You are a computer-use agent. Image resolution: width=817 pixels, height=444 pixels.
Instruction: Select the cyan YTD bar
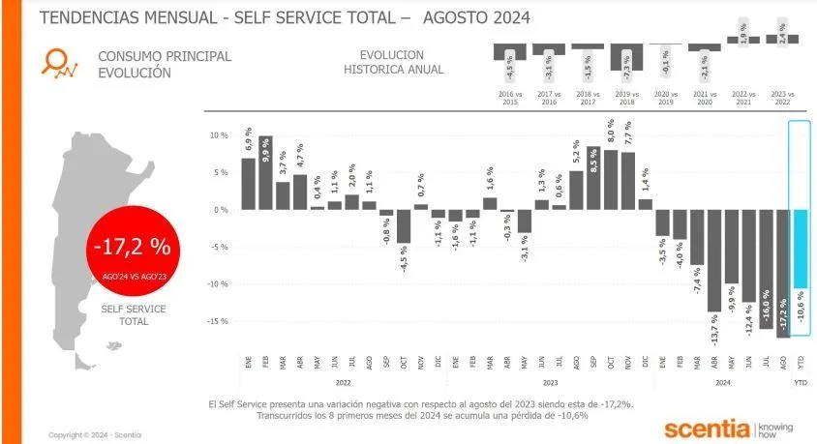pyautogui.click(x=800, y=249)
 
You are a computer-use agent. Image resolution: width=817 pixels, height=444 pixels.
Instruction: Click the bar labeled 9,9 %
pyautogui.click(x=265, y=172)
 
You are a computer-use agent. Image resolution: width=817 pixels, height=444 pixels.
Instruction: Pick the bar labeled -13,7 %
pyautogui.click(x=714, y=260)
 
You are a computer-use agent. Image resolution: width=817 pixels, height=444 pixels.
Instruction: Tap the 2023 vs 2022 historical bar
pyautogui.click(x=782, y=40)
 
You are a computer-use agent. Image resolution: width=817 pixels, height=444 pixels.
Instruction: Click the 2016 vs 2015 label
pyautogui.click(x=509, y=98)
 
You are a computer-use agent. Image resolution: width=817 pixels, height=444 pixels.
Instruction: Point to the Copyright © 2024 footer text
pyautogui.click(x=94, y=434)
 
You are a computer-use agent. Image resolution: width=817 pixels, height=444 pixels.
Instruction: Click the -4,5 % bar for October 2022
pyautogui.click(x=404, y=226)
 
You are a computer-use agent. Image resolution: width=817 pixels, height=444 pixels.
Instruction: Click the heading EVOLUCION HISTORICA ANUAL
pyautogui.click(x=394, y=62)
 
